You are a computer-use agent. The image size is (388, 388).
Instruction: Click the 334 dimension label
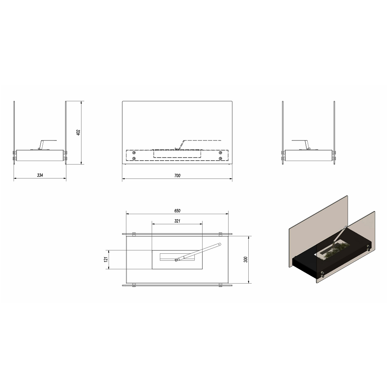coord(40,175)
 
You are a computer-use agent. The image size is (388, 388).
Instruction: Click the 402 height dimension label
coord(78,133)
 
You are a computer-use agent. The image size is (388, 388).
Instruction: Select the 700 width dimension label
coord(177,175)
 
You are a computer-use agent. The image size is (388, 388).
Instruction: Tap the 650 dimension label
coord(177,211)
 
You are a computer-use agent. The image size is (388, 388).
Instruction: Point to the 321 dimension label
coord(177,221)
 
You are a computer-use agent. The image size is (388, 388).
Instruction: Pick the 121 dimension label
coord(106,259)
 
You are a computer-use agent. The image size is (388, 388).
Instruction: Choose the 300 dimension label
coord(246,260)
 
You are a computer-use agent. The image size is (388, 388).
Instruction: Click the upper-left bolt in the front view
coord(134,153)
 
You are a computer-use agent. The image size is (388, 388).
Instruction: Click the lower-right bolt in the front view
coord(220,158)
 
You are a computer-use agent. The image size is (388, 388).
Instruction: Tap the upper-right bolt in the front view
coord(220,153)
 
